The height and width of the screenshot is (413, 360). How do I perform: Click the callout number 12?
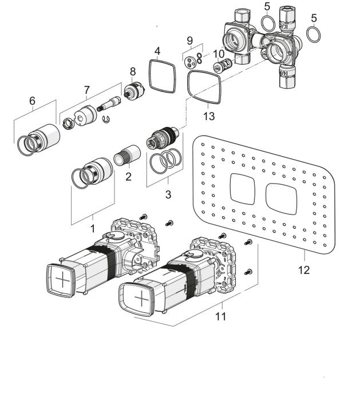pos(304,270)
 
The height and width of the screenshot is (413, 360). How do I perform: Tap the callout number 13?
pos(208,116)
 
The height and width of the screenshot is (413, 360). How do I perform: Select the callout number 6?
pos(32,101)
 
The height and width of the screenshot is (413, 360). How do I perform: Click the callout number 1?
pos(92,228)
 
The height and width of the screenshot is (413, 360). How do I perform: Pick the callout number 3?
pos(168,194)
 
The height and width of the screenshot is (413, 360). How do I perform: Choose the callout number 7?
pos(86,90)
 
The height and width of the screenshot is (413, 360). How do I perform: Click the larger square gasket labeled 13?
pos(203,88)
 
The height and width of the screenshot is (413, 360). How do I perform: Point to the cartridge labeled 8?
pos(134,91)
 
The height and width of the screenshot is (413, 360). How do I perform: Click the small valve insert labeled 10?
pos(221,67)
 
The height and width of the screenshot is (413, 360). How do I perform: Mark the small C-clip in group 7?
pos(106,118)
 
